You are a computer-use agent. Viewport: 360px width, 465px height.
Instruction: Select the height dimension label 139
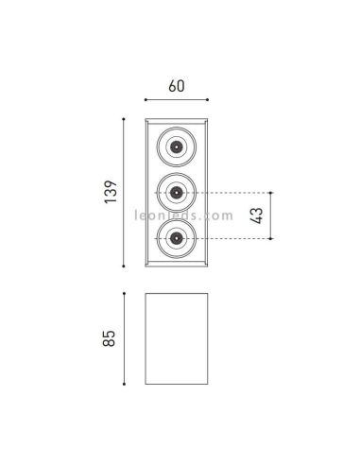pyautogui.click(x=111, y=192)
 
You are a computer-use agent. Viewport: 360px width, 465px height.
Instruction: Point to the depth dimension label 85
pyautogui.click(x=111, y=338)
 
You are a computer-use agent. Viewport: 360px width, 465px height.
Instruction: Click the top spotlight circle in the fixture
pyautogui.click(x=176, y=146)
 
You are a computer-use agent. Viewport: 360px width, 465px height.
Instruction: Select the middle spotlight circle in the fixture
pyautogui.click(x=176, y=193)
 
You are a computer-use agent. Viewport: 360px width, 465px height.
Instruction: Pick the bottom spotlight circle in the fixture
pyautogui.click(x=176, y=240)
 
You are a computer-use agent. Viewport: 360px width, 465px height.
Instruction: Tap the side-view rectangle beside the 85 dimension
pyautogui.click(x=176, y=337)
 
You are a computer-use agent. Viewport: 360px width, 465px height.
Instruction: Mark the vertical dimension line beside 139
pyautogui.click(x=125, y=192)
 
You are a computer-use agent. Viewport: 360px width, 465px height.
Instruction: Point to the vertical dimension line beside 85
pyautogui.click(x=125, y=338)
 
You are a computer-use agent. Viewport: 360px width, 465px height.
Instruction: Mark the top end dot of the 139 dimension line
pyautogui.click(x=125, y=118)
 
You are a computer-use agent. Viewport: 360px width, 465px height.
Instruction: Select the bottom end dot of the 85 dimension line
pyautogui.click(x=125, y=383)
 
